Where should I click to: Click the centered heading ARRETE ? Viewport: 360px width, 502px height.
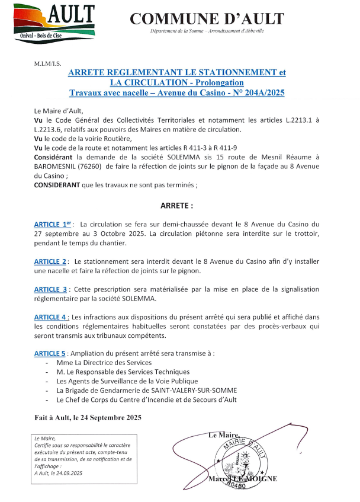tap(177, 206)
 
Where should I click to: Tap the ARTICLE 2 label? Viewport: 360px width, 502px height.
tap(50, 261)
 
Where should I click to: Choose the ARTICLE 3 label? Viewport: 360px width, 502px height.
tap(50, 289)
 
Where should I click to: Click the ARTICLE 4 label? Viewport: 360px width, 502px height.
tap(51, 316)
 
